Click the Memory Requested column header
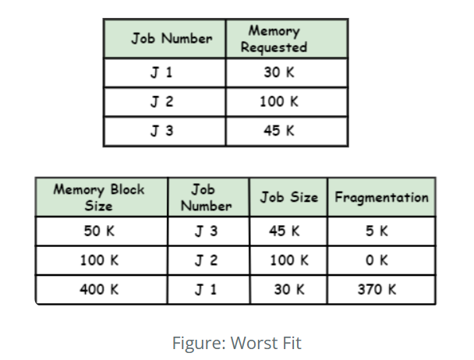[x=273, y=39]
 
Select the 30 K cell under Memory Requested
[x=278, y=74]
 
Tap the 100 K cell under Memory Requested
[x=278, y=102]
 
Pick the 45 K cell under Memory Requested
[x=278, y=131]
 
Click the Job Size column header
[x=289, y=197]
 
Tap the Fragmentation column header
[x=381, y=197]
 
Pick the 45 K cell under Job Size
[x=289, y=231]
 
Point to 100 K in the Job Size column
[x=289, y=260]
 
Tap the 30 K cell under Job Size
[x=289, y=289]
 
